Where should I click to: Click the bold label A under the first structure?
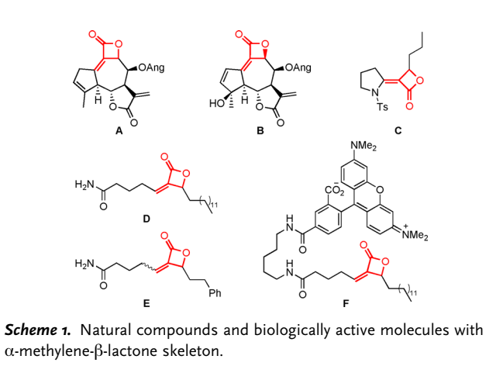click(x=119, y=130)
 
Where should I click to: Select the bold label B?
click(x=260, y=130)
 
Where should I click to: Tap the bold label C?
click(x=398, y=130)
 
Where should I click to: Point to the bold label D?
click(x=146, y=219)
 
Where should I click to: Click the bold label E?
click(x=146, y=303)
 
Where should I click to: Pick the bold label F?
click(x=346, y=303)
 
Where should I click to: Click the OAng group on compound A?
click(x=151, y=68)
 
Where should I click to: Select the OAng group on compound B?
click(x=298, y=68)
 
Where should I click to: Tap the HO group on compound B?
click(x=217, y=104)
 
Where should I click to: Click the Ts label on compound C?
click(x=382, y=107)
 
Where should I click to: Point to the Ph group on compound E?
click(x=215, y=293)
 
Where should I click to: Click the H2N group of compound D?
click(x=84, y=185)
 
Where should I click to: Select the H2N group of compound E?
click(x=84, y=264)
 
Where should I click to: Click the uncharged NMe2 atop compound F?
click(x=363, y=147)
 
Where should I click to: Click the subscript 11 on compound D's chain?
click(x=214, y=205)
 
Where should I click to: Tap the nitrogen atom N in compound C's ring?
click(x=375, y=93)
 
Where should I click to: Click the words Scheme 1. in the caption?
click(x=38, y=330)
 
